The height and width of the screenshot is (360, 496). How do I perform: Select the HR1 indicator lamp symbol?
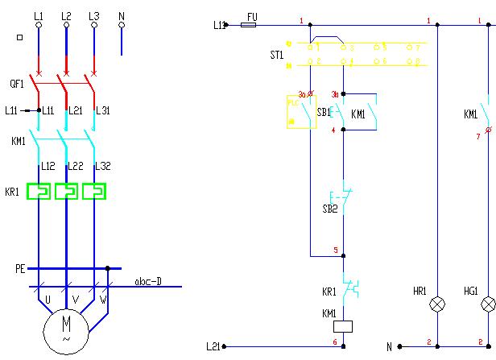point(436,304)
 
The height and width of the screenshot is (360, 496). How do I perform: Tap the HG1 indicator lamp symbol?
point(487,304)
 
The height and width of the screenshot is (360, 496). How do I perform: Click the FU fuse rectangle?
point(249,25)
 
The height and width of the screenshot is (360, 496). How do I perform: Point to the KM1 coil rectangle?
point(345,325)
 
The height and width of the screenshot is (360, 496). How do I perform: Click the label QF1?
point(16,82)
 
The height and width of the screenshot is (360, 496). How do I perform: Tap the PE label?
point(20,268)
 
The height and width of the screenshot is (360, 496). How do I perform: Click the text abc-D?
point(148,282)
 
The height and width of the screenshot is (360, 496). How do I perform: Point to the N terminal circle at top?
point(122,26)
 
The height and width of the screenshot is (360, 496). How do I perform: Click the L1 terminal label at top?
point(39,15)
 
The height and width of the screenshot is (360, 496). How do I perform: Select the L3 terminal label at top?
point(93,15)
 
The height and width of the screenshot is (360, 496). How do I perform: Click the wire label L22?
point(76,166)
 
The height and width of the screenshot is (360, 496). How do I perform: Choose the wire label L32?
point(102,166)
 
